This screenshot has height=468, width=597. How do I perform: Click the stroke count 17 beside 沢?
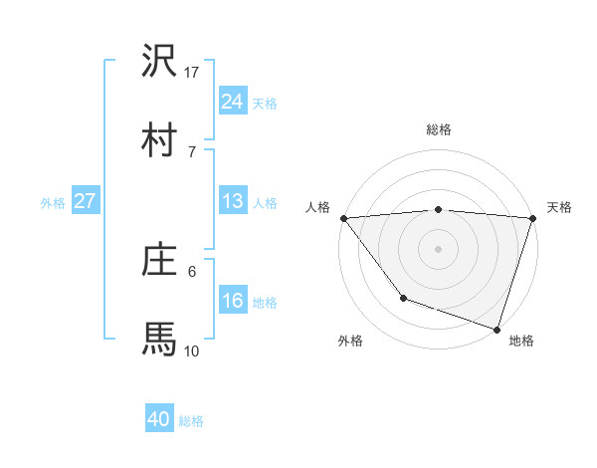point(192,72)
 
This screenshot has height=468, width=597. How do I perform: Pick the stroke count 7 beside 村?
point(192,151)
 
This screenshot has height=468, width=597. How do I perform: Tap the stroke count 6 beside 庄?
point(192,271)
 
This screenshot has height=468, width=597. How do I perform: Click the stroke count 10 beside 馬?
point(192,351)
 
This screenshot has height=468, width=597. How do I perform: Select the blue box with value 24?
point(232,101)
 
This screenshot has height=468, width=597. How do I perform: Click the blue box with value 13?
point(232,201)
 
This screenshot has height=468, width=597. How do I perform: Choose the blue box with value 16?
point(232,301)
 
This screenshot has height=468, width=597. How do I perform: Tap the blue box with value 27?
point(86,201)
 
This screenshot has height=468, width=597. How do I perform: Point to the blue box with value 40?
point(159,419)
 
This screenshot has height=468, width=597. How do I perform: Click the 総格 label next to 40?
point(191,421)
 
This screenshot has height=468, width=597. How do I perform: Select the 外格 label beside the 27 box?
point(53,202)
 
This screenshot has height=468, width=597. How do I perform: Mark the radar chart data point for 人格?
point(343,218)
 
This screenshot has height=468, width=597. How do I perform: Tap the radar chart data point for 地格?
point(497,329)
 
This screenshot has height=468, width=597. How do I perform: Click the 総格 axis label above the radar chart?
point(438,129)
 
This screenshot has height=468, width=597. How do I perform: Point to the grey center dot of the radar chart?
point(438,248)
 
